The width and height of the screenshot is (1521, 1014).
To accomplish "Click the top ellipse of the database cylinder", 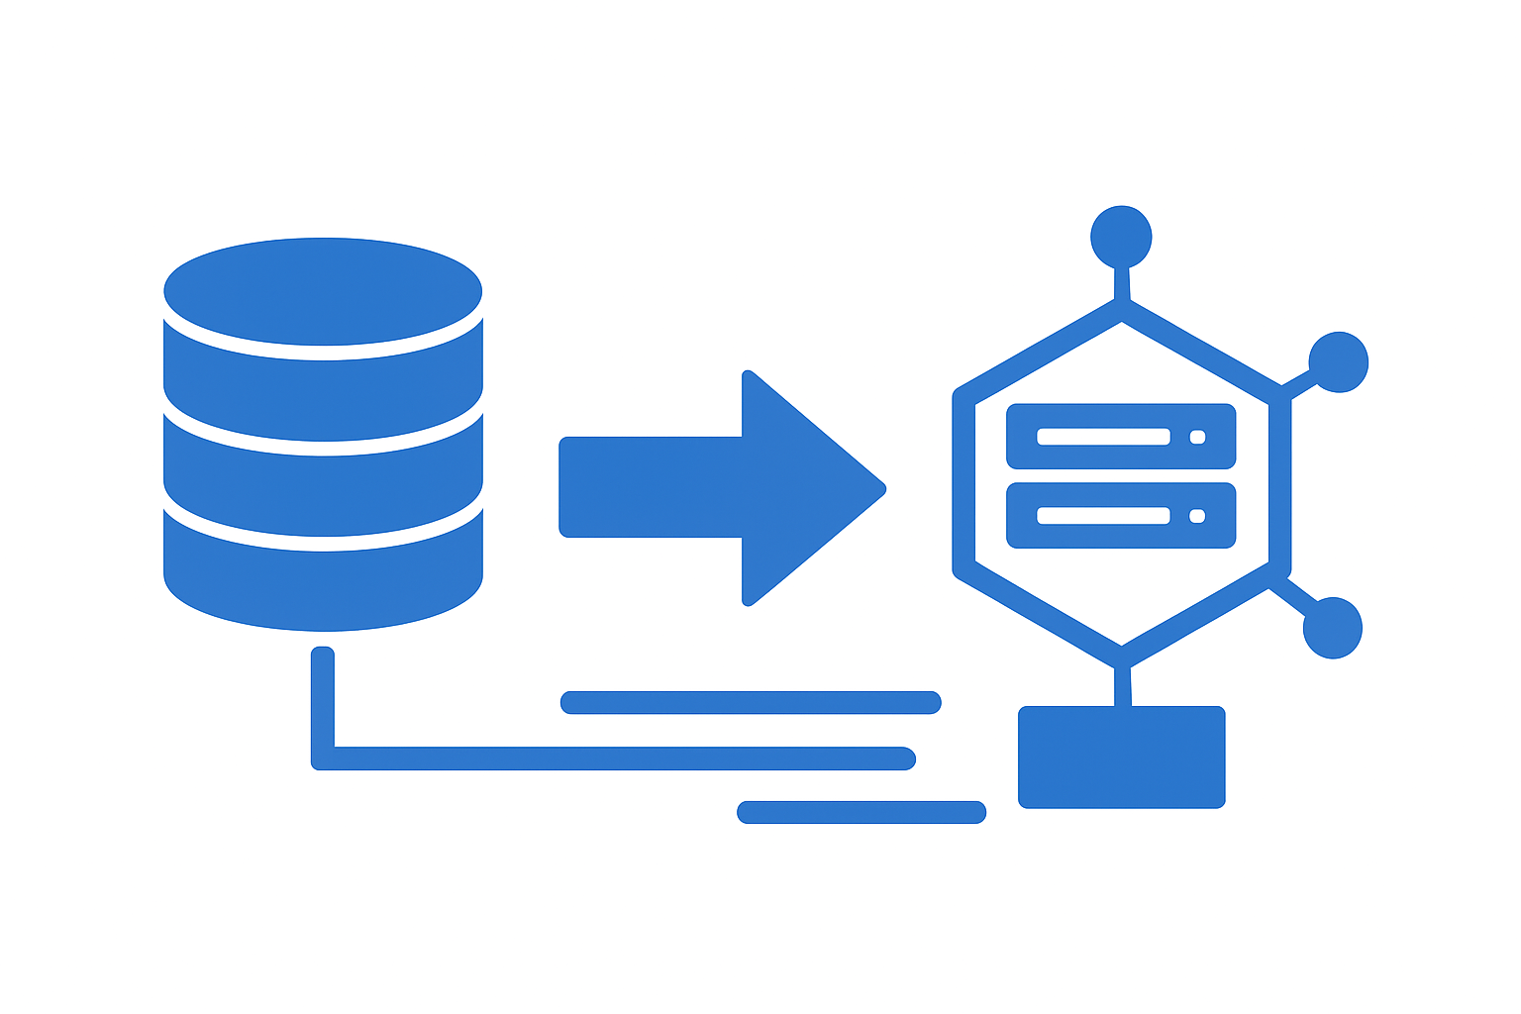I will point(323,289).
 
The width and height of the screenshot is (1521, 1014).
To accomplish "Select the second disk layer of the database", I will point(323,386).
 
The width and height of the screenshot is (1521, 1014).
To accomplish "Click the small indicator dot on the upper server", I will point(1197,437).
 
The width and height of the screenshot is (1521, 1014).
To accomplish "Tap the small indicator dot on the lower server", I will point(1197,516).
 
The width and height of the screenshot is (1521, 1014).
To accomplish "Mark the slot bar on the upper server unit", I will point(1104,437).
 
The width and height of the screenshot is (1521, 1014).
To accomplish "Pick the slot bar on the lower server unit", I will point(1104,516).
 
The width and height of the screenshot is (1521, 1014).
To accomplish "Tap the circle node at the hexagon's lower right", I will point(1332,628).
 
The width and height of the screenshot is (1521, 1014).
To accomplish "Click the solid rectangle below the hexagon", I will point(1121,757).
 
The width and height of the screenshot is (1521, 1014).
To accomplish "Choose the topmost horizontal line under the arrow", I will point(750,703).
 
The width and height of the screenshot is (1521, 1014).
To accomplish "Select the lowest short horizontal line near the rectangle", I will point(862,812).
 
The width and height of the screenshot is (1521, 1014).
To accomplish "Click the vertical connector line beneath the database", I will point(323,698).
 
